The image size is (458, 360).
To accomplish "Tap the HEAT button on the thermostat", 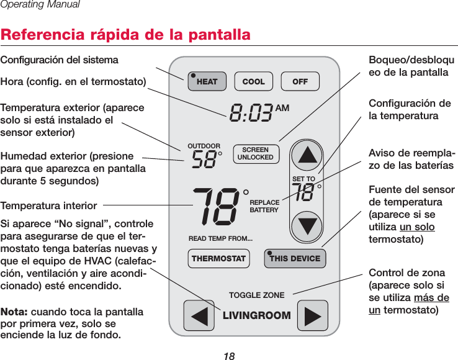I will pos(204,81).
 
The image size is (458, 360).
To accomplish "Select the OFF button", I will pos(300,81).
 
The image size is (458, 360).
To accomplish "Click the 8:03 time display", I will pos(251,114).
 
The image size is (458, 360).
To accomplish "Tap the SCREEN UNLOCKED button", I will pos(256,154).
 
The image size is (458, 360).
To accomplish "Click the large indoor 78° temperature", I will pos(215,205).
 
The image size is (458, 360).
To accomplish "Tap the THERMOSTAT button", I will pos(218,258).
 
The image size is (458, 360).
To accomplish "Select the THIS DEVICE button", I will pos(292,258).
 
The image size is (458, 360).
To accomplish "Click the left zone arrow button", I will pos(199,315).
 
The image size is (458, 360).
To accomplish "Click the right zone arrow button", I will pos(312,315).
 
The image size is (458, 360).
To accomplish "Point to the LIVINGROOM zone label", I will pos(256,315).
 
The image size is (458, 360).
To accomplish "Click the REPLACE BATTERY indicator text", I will pos(264,207).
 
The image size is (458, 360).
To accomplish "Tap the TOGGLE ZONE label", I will pos(256,295).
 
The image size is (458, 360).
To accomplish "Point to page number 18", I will pos(230,355).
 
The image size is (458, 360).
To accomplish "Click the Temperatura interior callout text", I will pos(48,205).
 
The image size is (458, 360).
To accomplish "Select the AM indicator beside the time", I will pos(282,108).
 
